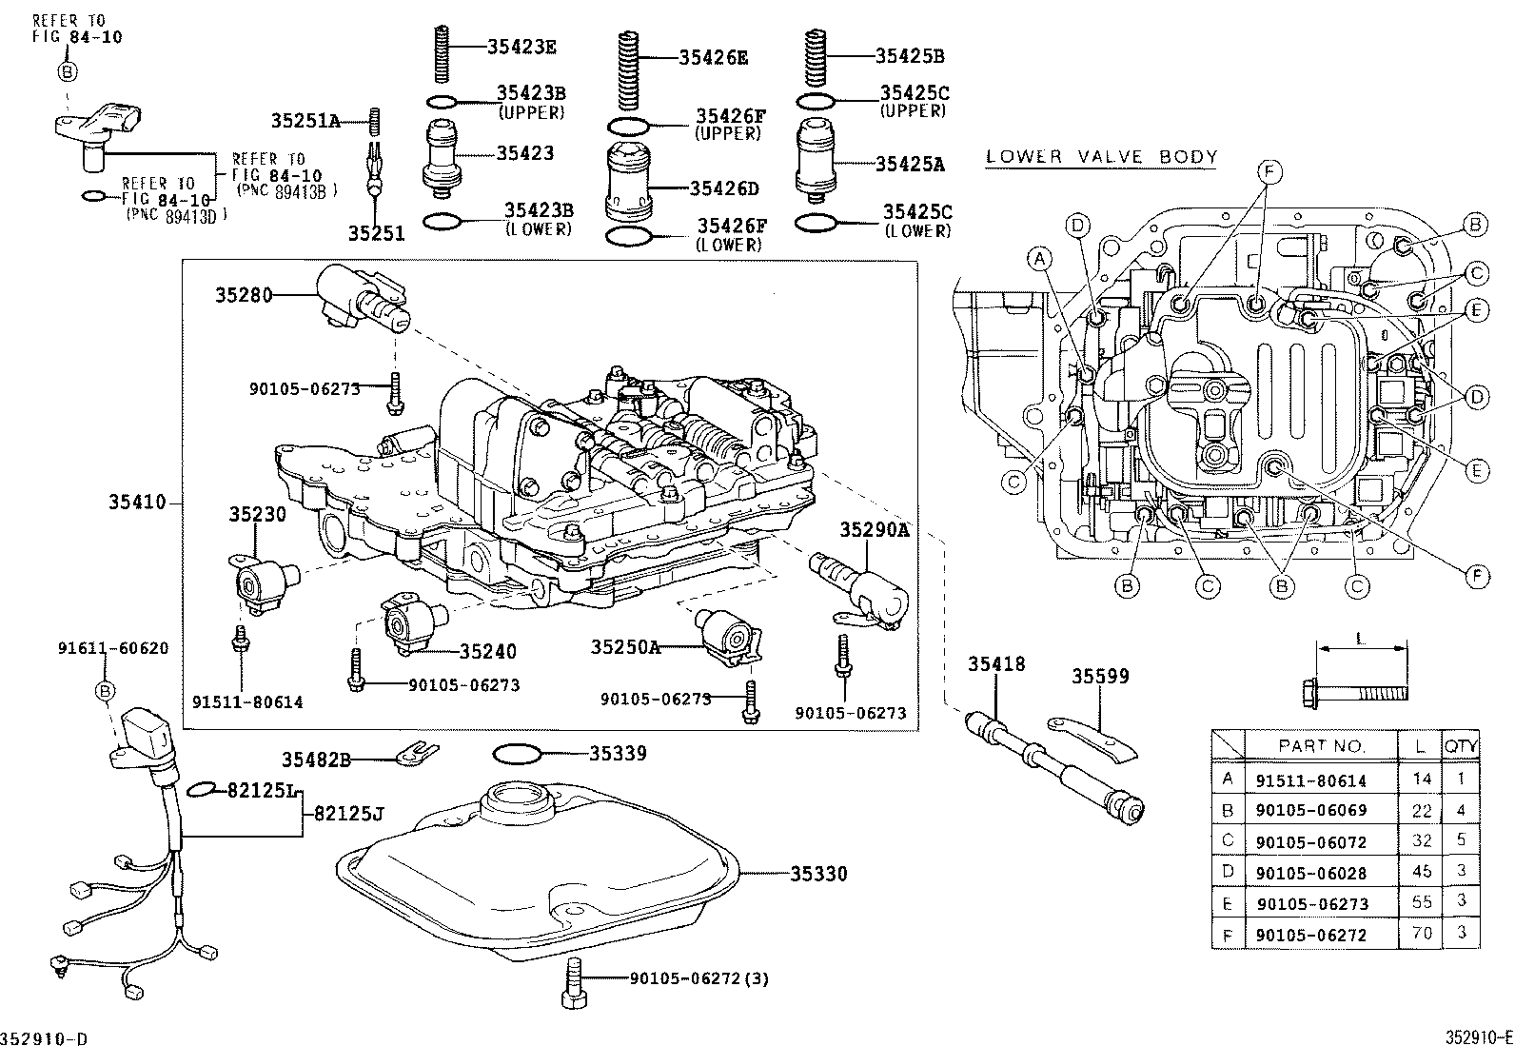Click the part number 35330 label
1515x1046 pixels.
point(817,874)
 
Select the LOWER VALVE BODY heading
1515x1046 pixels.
point(1101,157)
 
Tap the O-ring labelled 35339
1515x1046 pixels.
point(517,754)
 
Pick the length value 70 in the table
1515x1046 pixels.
point(1421,934)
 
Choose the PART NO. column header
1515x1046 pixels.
point(1321,746)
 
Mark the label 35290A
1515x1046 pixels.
point(874,529)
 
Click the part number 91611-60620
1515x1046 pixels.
point(112,649)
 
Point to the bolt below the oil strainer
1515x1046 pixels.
point(573,982)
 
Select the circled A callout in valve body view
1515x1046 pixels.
point(1040,258)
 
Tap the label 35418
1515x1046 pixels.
point(996,663)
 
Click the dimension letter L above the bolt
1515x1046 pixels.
point(1360,640)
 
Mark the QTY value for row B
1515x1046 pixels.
point(1462,811)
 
